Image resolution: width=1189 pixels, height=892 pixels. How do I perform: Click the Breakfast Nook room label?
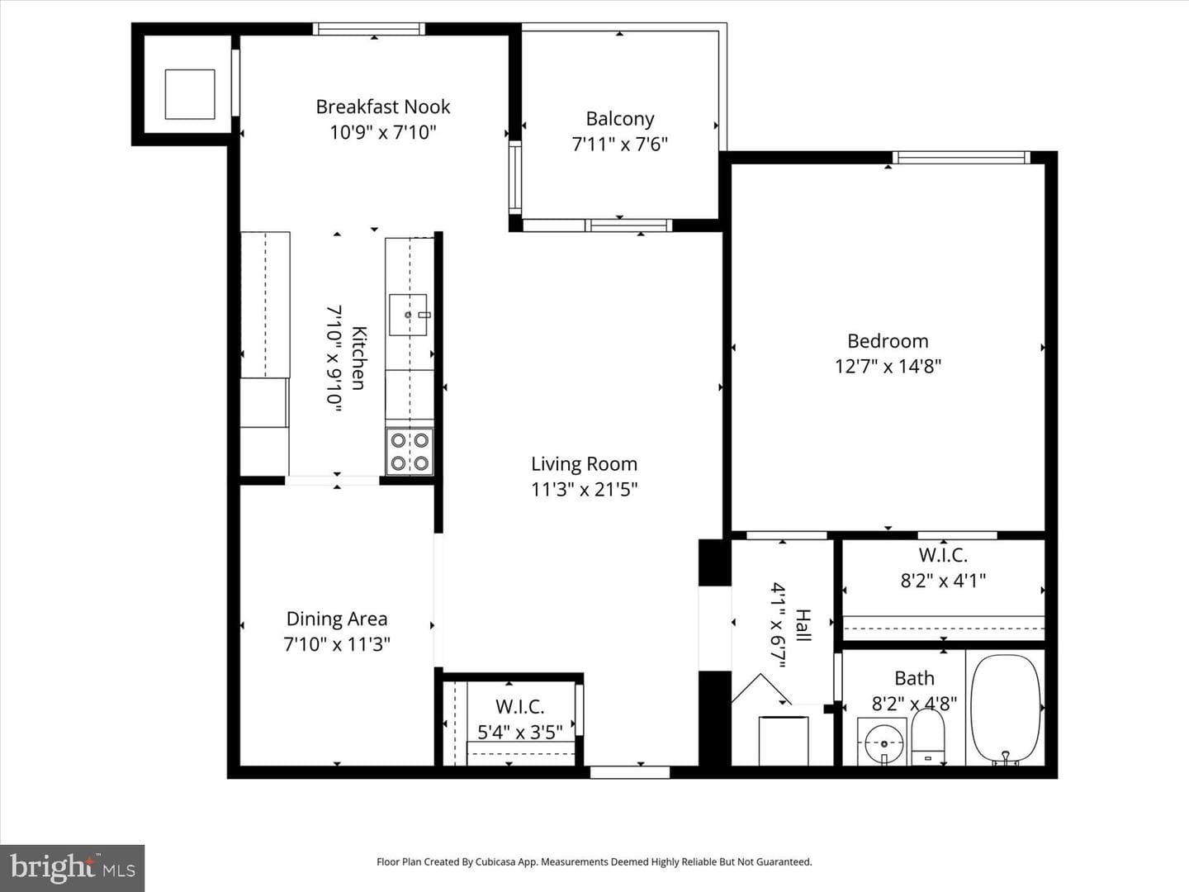coord(383,107)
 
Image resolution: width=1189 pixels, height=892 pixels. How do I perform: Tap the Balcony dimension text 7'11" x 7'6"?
coord(620,145)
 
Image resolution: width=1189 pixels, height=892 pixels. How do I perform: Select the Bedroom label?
coord(888,341)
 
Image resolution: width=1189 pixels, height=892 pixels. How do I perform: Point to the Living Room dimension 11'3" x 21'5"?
coord(584,490)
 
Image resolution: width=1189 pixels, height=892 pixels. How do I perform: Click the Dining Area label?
coord(337,619)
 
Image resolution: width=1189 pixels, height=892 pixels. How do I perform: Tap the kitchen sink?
coord(409,315)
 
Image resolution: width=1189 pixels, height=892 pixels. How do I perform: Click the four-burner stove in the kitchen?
coord(410,452)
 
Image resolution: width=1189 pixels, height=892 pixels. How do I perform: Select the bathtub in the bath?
coord(1006,709)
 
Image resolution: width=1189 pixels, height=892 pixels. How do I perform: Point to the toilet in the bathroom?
coord(928,737)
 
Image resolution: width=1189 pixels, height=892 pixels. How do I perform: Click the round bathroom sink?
coord(883,744)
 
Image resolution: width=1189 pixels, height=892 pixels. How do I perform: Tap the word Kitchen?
coord(358,358)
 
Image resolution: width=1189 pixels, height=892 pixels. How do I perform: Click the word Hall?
coord(803,625)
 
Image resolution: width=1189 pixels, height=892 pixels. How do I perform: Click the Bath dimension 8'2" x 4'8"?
coord(914,704)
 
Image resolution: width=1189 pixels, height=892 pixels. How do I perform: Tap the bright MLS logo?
coord(72,868)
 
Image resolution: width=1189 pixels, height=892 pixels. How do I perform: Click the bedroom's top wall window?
coord(961,158)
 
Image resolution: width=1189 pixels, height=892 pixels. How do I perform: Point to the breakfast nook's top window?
coord(369,29)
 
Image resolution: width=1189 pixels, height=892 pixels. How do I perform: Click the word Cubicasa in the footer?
coord(495,861)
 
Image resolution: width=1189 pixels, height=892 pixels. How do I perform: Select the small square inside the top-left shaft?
coord(190,94)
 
